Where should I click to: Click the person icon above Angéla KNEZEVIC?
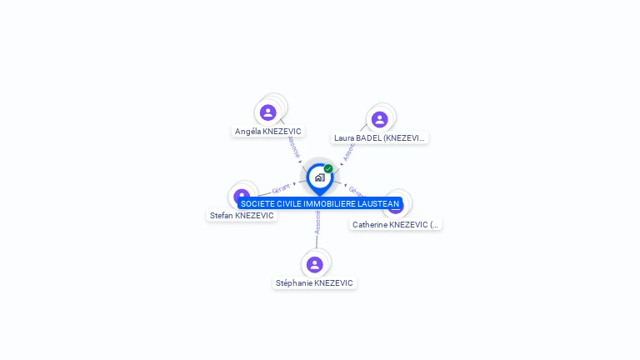point(267,112)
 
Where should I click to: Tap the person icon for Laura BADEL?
point(379,119)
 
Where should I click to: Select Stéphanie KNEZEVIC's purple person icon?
point(314,264)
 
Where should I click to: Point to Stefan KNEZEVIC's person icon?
point(242,195)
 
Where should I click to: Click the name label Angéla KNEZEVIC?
point(267,132)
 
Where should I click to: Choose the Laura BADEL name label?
point(380,138)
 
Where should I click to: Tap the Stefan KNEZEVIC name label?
point(242,216)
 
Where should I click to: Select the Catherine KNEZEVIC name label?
point(396,225)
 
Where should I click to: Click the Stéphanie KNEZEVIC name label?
point(314,283)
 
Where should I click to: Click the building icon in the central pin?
point(319,177)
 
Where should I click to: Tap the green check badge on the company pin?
point(328,168)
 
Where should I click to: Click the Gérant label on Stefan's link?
point(281,188)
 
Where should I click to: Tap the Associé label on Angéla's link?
point(292,147)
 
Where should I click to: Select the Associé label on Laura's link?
point(349,151)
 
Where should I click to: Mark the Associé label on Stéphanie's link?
point(317,222)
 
